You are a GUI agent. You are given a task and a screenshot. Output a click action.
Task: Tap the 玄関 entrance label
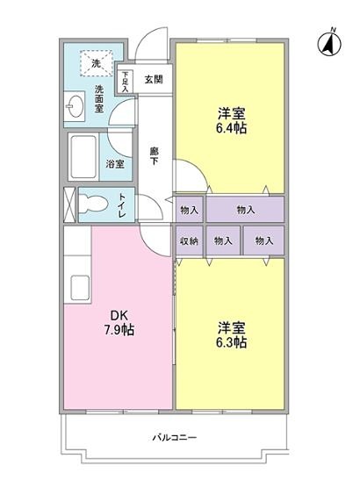(x=154, y=80)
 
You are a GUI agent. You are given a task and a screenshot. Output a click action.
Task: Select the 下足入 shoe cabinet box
(x=126, y=81)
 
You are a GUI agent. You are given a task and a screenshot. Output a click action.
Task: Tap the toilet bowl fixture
(x=92, y=205)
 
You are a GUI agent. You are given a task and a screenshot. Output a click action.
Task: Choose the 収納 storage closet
(x=190, y=240)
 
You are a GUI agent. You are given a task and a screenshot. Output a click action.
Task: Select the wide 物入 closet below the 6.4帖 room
(x=245, y=209)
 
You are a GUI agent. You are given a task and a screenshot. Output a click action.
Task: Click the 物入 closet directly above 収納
(x=190, y=209)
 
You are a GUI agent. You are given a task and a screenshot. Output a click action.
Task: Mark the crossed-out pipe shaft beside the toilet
(x=69, y=205)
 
